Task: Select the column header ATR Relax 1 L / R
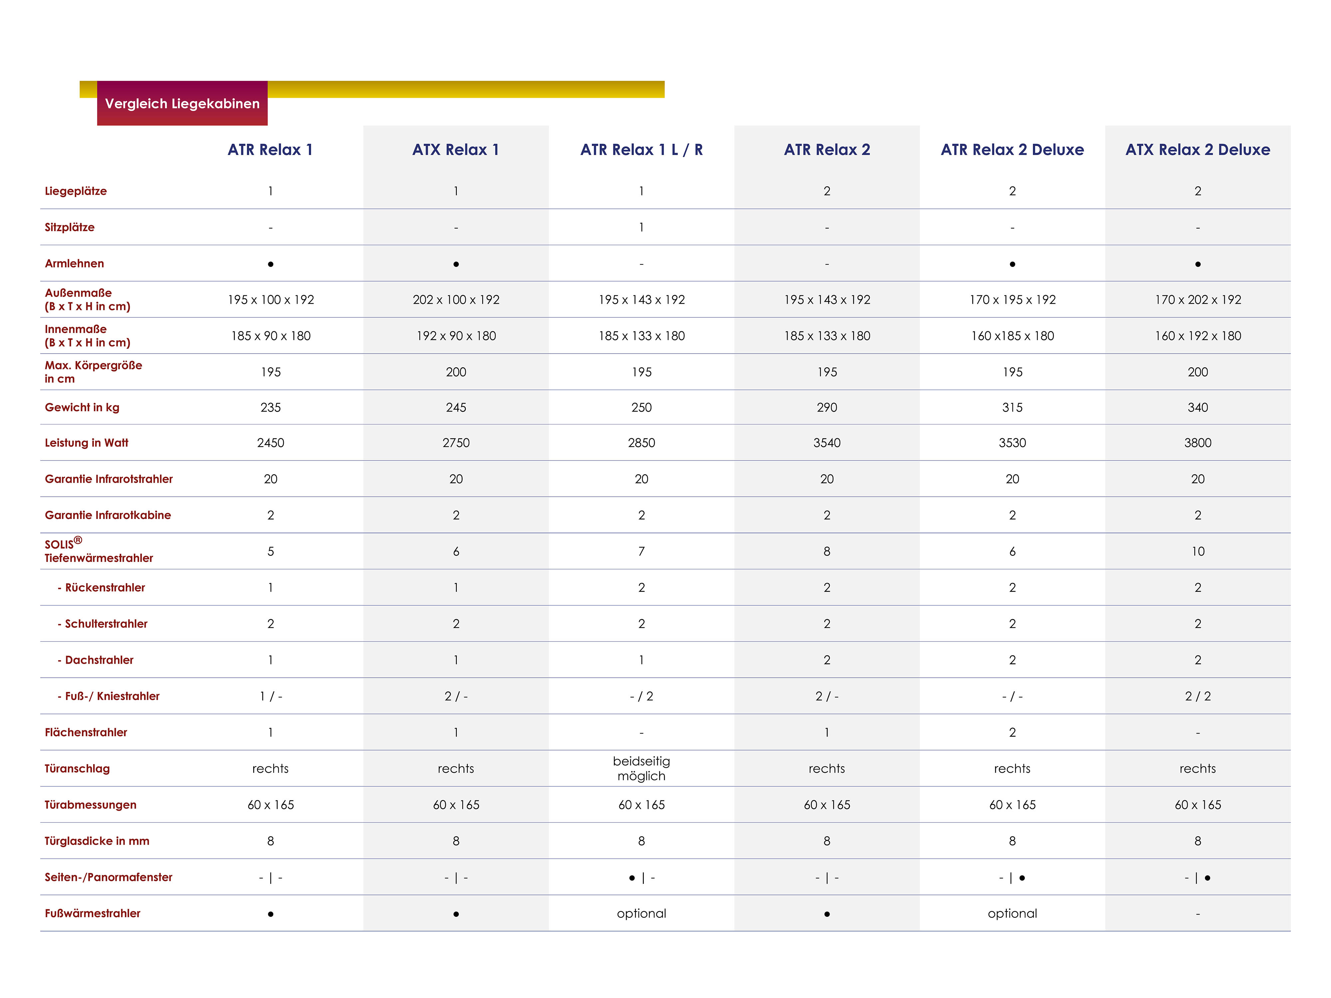[x=642, y=150]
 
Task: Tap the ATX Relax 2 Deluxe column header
[x=1198, y=150]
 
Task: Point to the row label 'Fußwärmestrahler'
[x=92, y=913]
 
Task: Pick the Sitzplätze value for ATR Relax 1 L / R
[x=642, y=228]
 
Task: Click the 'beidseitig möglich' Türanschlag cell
[x=642, y=768]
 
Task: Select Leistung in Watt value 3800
[x=1198, y=443]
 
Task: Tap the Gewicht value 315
[x=1012, y=407]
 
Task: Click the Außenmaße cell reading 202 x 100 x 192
[x=456, y=300]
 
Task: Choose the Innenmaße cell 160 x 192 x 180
[x=1198, y=336]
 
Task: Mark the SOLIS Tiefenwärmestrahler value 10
[x=1198, y=551]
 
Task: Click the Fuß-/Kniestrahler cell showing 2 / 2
[x=1198, y=696]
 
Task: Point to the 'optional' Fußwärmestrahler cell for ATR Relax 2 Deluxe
[x=1012, y=913]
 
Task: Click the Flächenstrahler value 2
[x=1012, y=732]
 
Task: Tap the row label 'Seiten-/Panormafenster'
[x=108, y=877]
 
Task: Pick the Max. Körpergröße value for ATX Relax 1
[x=456, y=372]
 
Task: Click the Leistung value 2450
[x=271, y=443]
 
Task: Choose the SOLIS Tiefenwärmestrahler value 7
[x=642, y=551]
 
